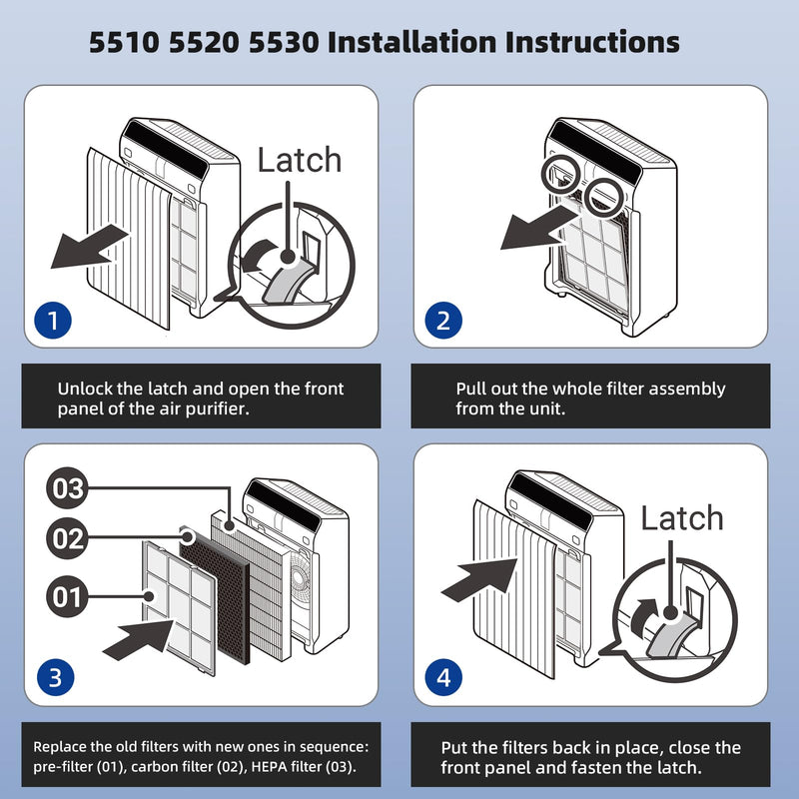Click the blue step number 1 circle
(x=53, y=321)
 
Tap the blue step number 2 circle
(x=443, y=321)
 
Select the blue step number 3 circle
(x=55, y=678)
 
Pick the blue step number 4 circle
(x=443, y=678)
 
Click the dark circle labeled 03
(x=67, y=488)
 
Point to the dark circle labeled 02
(x=67, y=538)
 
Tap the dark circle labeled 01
(x=67, y=596)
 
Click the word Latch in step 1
(x=299, y=160)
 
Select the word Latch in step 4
(x=682, y=518)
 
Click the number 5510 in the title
(x=124, y=42)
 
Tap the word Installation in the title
(x=411, y=42)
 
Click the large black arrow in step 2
(x=539, y=228)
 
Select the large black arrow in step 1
(x=89, y=247)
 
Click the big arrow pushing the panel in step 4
(x=479, y=579)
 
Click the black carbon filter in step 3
(x=215, y=595)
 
